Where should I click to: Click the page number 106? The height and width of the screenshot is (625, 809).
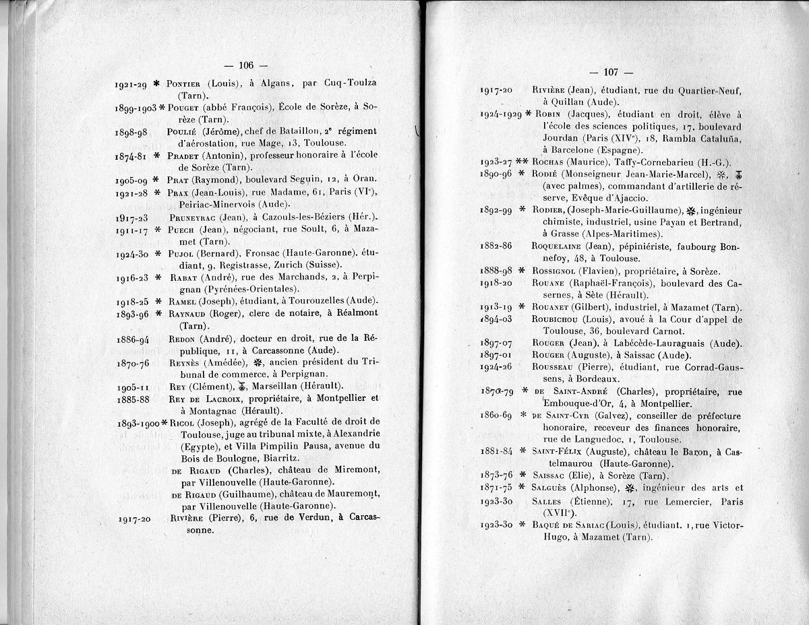coord(245,65)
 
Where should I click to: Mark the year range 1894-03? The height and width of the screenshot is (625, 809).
coord(496,319)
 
